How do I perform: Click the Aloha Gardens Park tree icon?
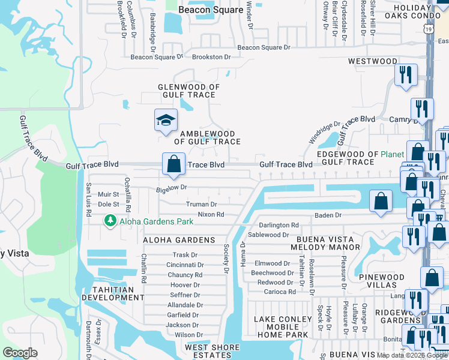pyautogui.click(x=110, y=221)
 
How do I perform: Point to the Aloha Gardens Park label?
pyautogui.click(x=156, y=221)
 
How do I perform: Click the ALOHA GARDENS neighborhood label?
pyautogui.click(x=179, y=240)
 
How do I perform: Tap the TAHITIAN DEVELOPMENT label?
pyautogui.click(x=113, y=293)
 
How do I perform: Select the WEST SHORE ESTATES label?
pyautogui.click(x=213, y=352)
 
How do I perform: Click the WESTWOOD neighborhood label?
pyautogui.click(x=372, y=61)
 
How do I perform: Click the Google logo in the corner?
pyautogui.click(x=20, y=353)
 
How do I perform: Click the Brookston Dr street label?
pyautogui.click(x=211, y=57)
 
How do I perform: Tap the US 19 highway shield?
pyautogui.click(x=427, y=29)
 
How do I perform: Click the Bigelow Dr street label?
pyautogui.click(x=172, y=188)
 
